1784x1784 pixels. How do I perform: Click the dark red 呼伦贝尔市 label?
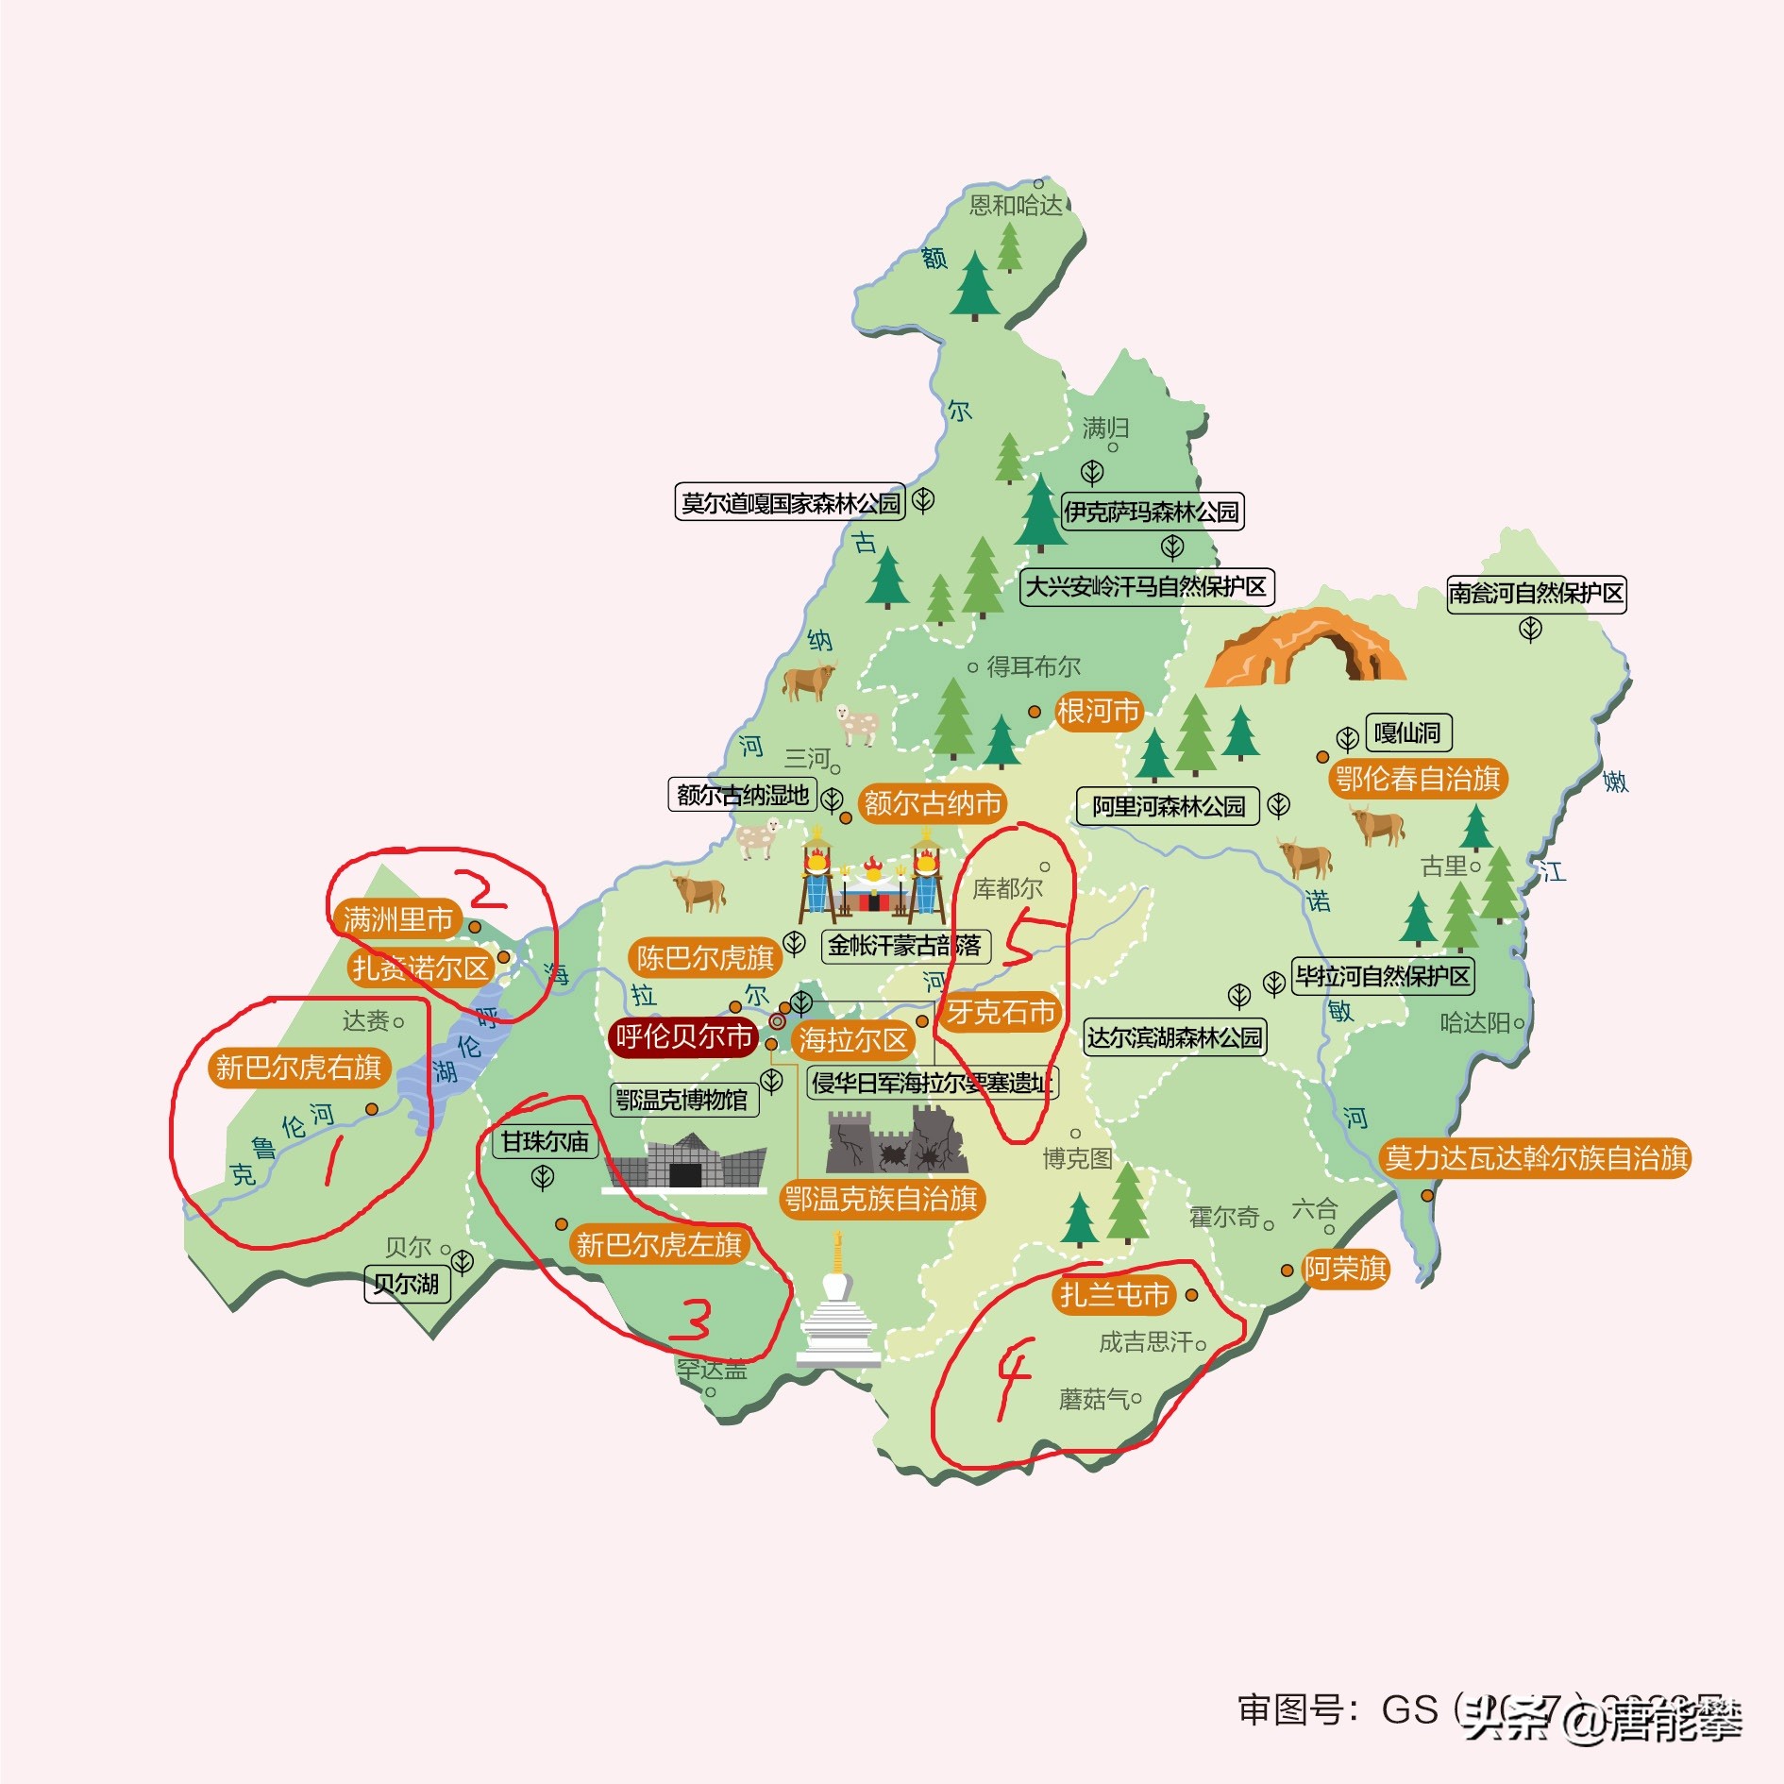coord(683,1036)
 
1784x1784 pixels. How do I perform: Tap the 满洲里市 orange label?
coord(397,918)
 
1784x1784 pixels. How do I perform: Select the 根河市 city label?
coord(1098,711)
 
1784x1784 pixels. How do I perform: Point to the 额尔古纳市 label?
coord(933,803)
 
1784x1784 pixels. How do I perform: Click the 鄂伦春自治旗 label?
coord(1418,779)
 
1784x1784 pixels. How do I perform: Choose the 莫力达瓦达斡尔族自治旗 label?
coord(1535,1158)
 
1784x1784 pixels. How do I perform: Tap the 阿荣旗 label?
coord(1345,1269)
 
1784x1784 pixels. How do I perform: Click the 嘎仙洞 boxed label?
coord(1407,733)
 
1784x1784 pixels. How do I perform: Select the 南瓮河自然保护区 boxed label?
coord(1536,594)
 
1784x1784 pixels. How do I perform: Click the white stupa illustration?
coord(837,1307)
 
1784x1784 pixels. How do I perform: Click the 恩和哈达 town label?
coord(1016,205)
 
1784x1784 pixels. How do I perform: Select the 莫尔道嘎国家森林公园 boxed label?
coord(790,503)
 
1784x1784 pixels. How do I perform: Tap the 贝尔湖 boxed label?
coord(407,1284)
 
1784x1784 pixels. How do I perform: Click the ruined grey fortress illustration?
coord(897,1142)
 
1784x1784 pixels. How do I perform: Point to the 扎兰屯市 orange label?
coord(1114,1294)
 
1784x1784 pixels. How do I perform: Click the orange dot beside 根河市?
coord(1035,712)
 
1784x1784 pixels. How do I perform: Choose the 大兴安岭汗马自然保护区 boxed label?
coord(1146,587)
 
